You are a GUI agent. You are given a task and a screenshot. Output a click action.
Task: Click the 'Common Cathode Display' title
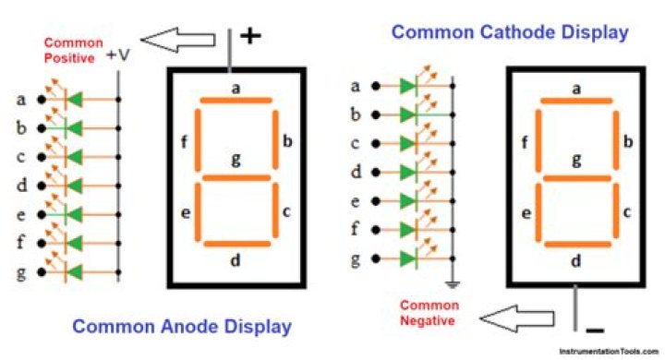click(510, 32)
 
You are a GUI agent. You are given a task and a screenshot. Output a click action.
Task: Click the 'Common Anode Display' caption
click(182, 326)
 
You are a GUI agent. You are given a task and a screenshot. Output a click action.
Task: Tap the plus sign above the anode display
click(250, 36)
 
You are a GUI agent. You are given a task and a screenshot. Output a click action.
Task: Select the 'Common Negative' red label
click(429, 314)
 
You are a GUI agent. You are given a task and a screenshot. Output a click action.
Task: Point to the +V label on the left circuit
click(117, 56)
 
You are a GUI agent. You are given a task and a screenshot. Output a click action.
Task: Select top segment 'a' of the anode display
click(236, 101)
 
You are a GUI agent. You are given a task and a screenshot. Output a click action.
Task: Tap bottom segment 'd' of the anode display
click(236, 244)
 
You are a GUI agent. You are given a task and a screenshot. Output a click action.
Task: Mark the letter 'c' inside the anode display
click(286, 211)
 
